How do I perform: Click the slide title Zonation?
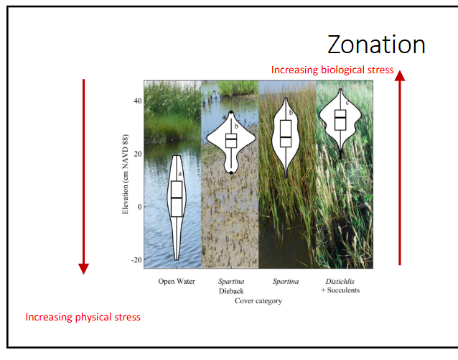[376, 45]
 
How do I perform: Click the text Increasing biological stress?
[332, 70]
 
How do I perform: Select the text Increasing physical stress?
[83, 317]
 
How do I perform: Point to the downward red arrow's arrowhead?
[83, 268]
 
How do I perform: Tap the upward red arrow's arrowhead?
[400, 73]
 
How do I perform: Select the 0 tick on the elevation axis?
[138, 206]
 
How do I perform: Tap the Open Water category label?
[177, 281]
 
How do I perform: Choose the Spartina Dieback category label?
[230, 286]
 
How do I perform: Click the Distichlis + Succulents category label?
[341, 286]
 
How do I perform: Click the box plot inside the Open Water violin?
[177, 198]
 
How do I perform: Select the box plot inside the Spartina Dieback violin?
[230, 140]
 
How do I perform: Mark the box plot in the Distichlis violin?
[340, 119]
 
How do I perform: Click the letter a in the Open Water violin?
[180, 173]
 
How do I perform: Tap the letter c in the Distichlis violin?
[347, 103]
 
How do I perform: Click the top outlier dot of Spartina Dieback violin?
[230, 112]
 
